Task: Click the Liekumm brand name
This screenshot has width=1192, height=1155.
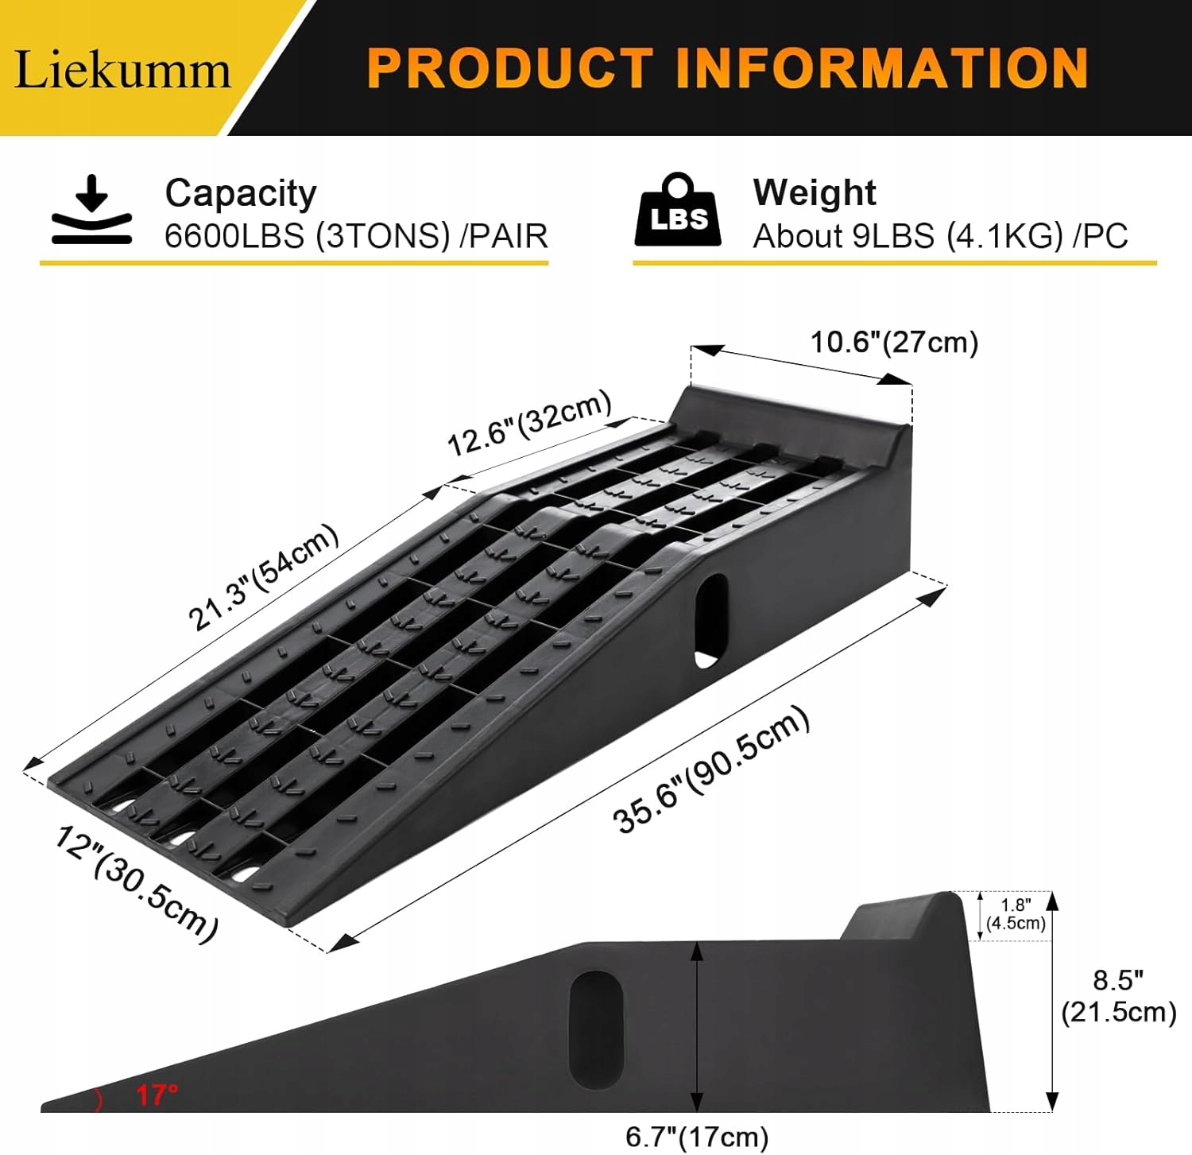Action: click(123, 69)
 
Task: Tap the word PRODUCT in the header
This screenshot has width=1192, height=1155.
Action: click(509, 68)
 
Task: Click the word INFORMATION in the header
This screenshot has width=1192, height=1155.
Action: click(881, 68)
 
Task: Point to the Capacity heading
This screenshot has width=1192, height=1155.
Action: click(241, 193)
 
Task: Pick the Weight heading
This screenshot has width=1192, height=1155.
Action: click(815, 192)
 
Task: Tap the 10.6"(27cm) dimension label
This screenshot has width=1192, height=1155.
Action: click(894, 343)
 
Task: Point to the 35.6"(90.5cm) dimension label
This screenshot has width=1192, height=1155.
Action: click(712, 769)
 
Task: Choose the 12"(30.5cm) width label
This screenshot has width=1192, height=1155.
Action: click(136, 883)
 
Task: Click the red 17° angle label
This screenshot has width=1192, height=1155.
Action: click(157, 1095)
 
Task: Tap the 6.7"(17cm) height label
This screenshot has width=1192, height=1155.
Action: click(697, 1137)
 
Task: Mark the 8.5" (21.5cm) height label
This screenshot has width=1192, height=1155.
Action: click(1118, 997)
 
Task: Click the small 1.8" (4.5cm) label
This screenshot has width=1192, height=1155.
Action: click(1016, 914)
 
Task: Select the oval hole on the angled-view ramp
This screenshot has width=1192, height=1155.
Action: click(710, 621)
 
